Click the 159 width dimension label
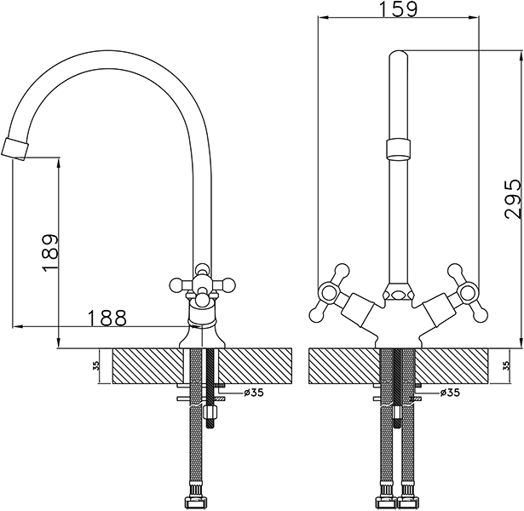pyautogui.click(x=399, y=9)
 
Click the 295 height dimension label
pyautogui.click(x=513, y=199)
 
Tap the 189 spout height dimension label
pyautogui.click(x=50, y=254)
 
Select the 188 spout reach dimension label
pyautogui.click(x=107, y=319)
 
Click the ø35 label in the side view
pyautogui.click(x=254, y=393)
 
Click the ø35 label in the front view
pyautogui.click(x=450, y=393)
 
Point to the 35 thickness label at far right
pyautogui.click(x=507, y=365)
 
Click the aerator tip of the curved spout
pyautogui.click(x=15, y=149)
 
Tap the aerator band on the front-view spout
pyautogui.click(x=399, y=149)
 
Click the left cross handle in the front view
pyautogui.click(x=331, y=292)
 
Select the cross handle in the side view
pyautogui.click(x=203, y=284)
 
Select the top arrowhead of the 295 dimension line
pyautogui.click(x=521, y=55)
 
